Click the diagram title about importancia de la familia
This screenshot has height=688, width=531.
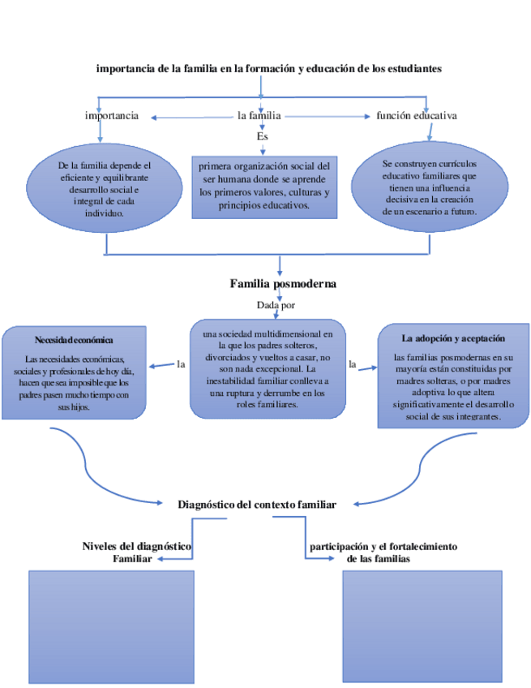pyautogui.click(x=268, y=69)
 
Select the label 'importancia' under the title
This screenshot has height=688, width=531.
pyautogui.click(x=112, y=116)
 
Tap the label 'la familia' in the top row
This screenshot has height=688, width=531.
pyautogui.click(x=259, y=116)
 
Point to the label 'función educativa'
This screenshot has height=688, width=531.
pyautogui.click(x=417, y=116)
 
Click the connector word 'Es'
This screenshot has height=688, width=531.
pyautogui.click(x=262, y=136)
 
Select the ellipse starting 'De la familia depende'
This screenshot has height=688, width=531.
pyautogui.click(x=99, y=189)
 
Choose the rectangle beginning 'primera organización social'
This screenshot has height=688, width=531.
pyautogui.click(x=263, y=186)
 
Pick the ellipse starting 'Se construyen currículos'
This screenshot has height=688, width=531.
pyautogui.click(x=429, y=187)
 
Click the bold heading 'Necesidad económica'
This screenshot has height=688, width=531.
pyautogui.click(x=74, y=340)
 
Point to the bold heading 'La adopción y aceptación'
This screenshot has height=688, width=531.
pyautogui.click(x=447, y=338)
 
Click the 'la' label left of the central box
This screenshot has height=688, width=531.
pyautogui.click(x=181, y=364)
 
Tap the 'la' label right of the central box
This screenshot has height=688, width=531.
pyautogui.click(x=352, y=364)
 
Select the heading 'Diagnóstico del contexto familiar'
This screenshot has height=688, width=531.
pyautogui.click(x=257, y=504)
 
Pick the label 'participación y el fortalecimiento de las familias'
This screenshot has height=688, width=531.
pyautogui.click(x=384, y=553)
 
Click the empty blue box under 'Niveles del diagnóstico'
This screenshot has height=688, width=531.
pyautogui.click(x=112, y=626)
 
